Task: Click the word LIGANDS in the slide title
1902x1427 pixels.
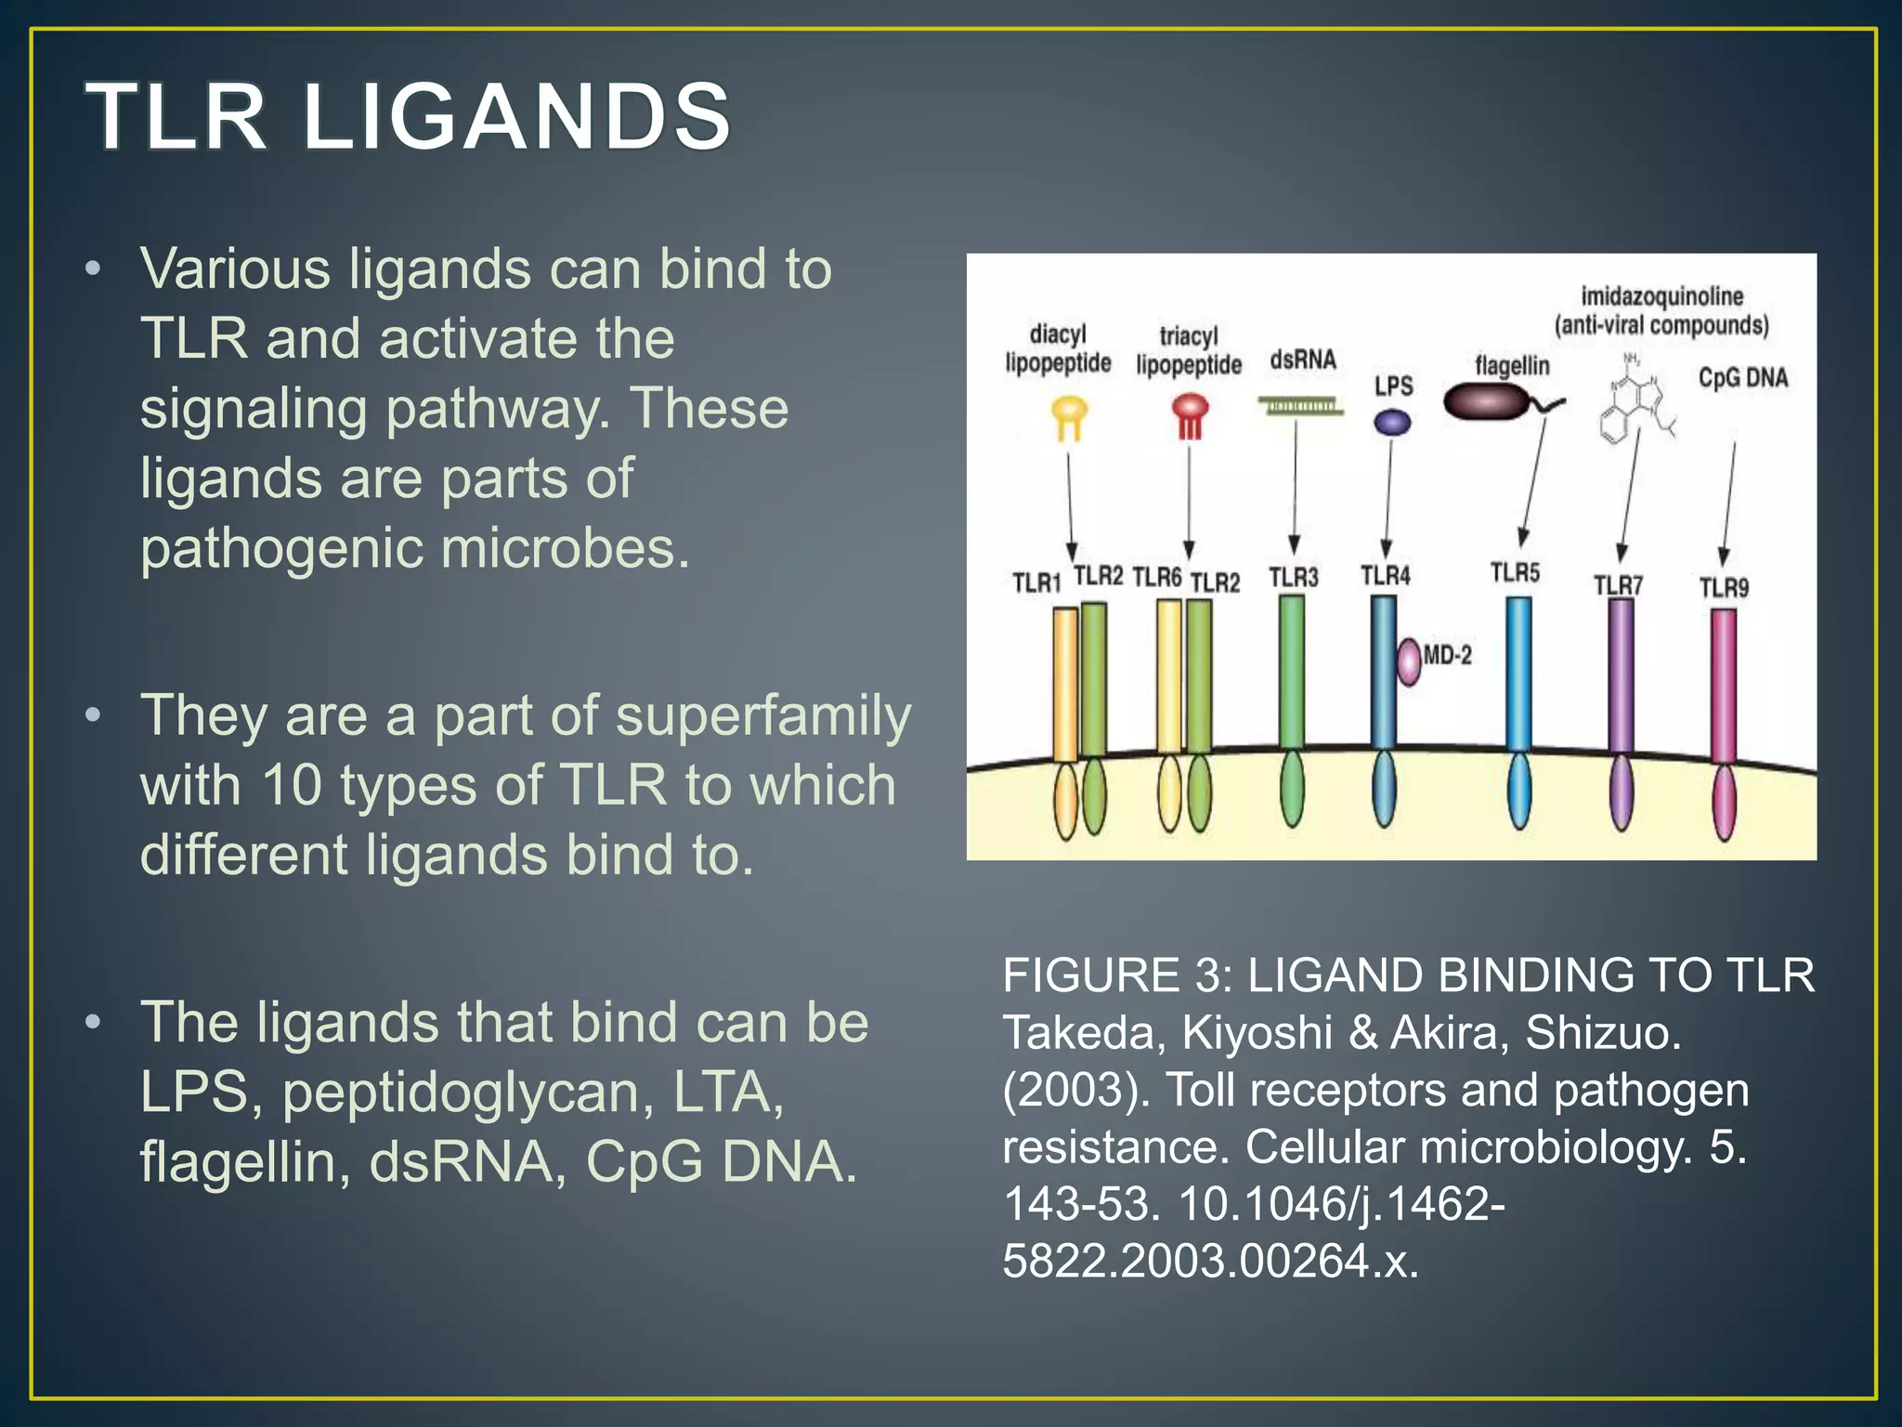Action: click(516, 117)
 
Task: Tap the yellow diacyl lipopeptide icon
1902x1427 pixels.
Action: click(1069, 415)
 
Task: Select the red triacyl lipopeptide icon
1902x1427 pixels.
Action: click(1190, 414)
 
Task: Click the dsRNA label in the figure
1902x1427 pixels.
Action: click(1303, 360)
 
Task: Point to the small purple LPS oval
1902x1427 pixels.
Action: click(1392, 424)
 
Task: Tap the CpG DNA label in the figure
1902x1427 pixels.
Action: click(1743, 378)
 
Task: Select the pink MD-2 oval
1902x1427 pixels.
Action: click(1410, 661)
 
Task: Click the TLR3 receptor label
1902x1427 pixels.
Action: click(1294, 578)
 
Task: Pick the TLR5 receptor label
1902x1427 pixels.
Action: click(1515, 572)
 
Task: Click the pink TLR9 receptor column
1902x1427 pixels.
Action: click(1724, 687)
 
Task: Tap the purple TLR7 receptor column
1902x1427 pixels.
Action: click(1621, 678)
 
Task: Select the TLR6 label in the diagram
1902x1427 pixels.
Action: click(1157, 578)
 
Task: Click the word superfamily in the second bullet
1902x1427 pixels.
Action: click(763, 716)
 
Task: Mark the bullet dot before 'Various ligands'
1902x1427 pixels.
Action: click(92, 270)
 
